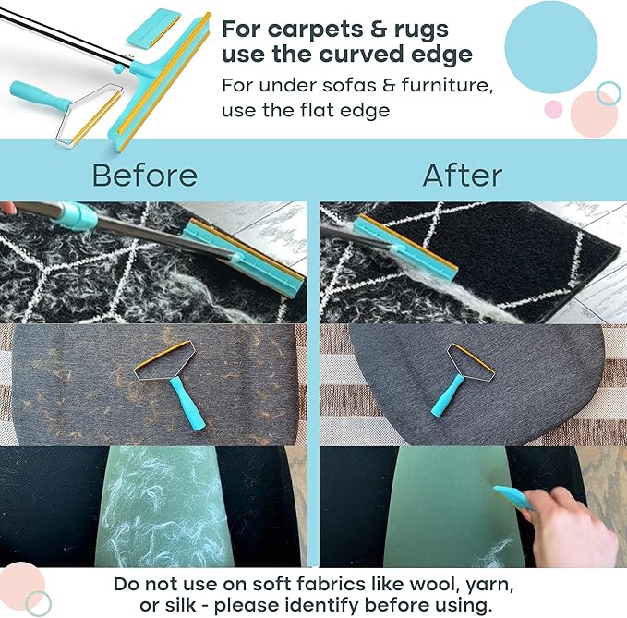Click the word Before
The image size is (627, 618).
[x=145, y=176]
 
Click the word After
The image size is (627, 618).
[x=463, y=176]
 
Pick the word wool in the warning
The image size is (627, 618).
[x=433, y=584]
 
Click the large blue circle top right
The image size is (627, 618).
[x=551, y=47]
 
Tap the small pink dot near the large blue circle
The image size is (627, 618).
[x=553, y=109]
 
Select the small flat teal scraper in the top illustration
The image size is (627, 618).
[x=153, y=27]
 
